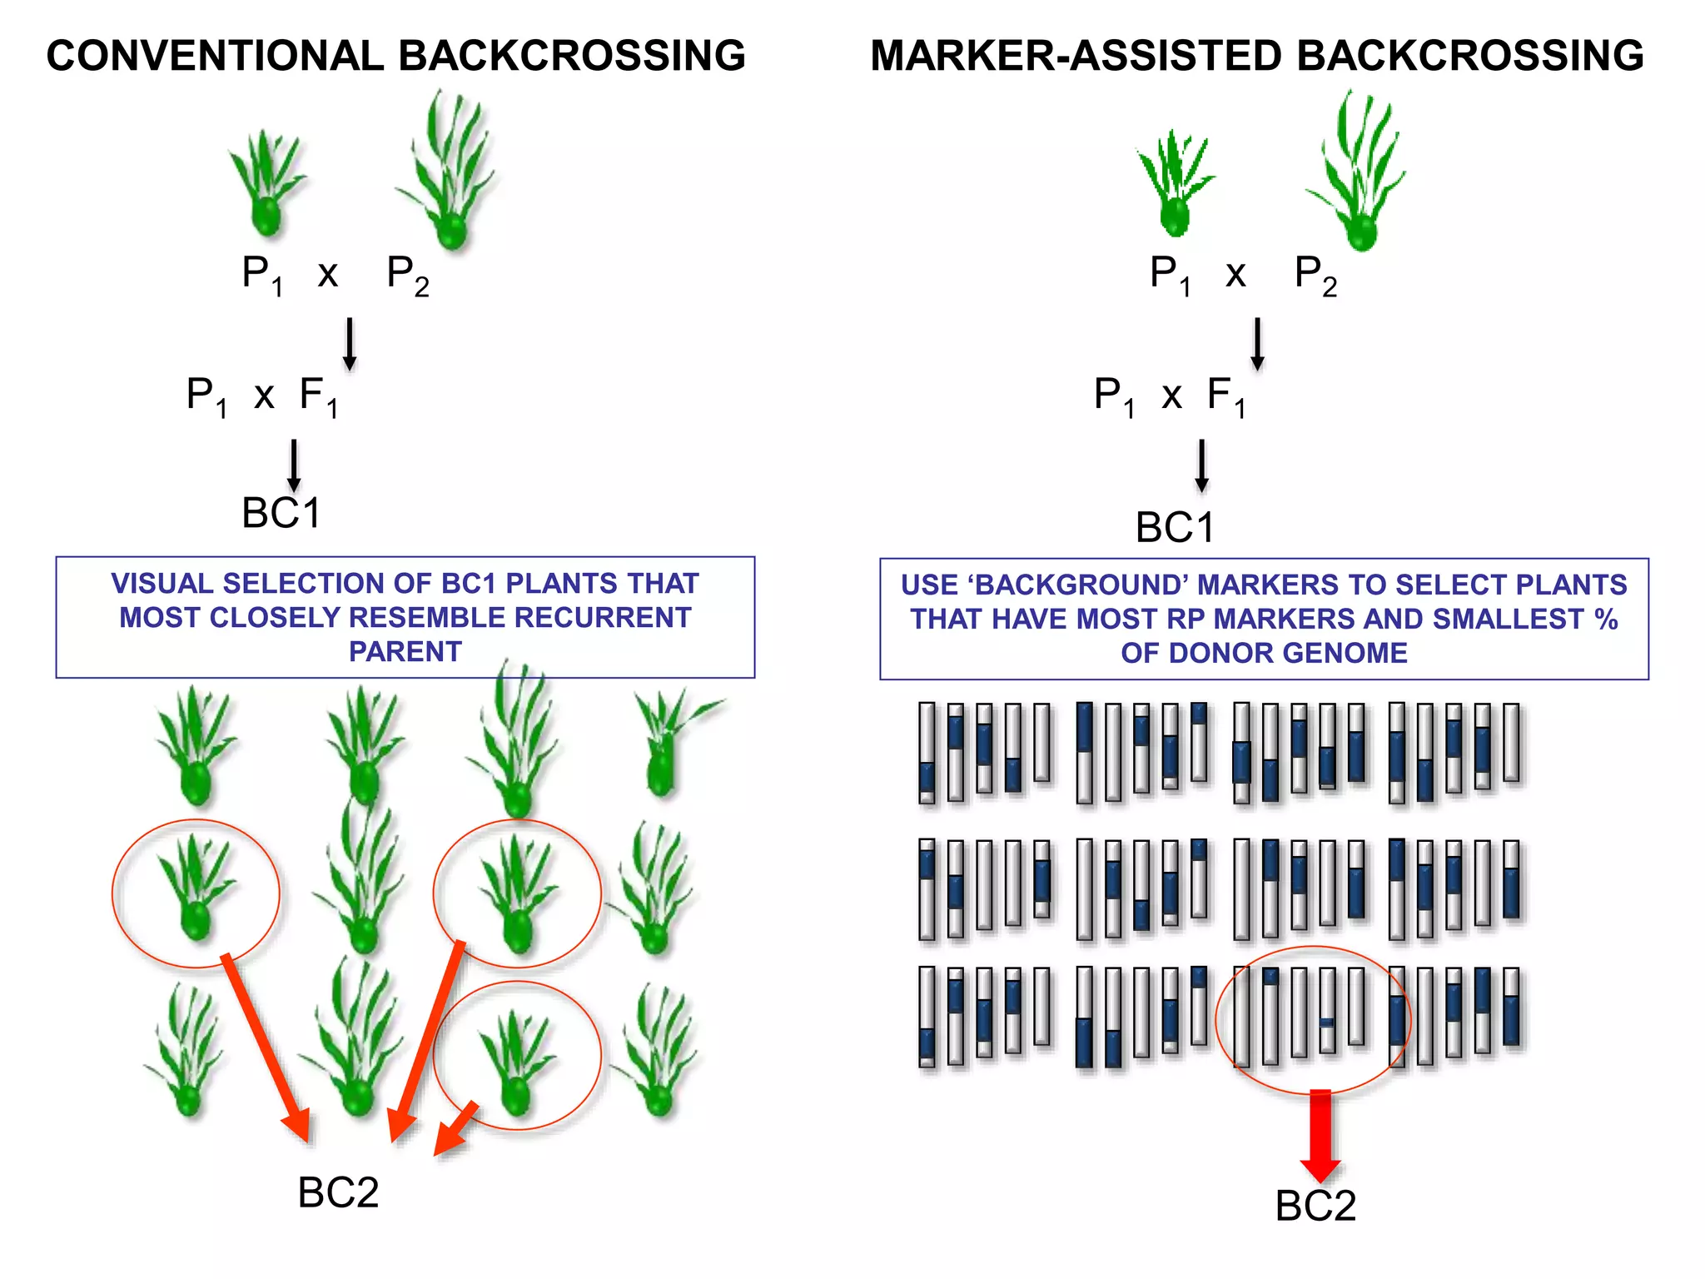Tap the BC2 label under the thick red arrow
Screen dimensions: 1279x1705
[x=1315, y=1205]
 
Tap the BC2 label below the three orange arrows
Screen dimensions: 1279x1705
[x=338, y=1192]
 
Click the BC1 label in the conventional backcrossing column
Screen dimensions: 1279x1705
[x=281, y=513]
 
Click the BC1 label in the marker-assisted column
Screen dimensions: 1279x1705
[x=1175, y=528]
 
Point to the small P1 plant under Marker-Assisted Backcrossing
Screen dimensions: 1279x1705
[x=1174, y=183]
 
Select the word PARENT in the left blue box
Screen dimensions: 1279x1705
[x=405, y=651]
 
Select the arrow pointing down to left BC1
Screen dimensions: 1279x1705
[x=294, y=466]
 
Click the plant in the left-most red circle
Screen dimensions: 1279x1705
[x=196, y=891]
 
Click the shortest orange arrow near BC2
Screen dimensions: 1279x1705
[x=457, y=1130]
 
